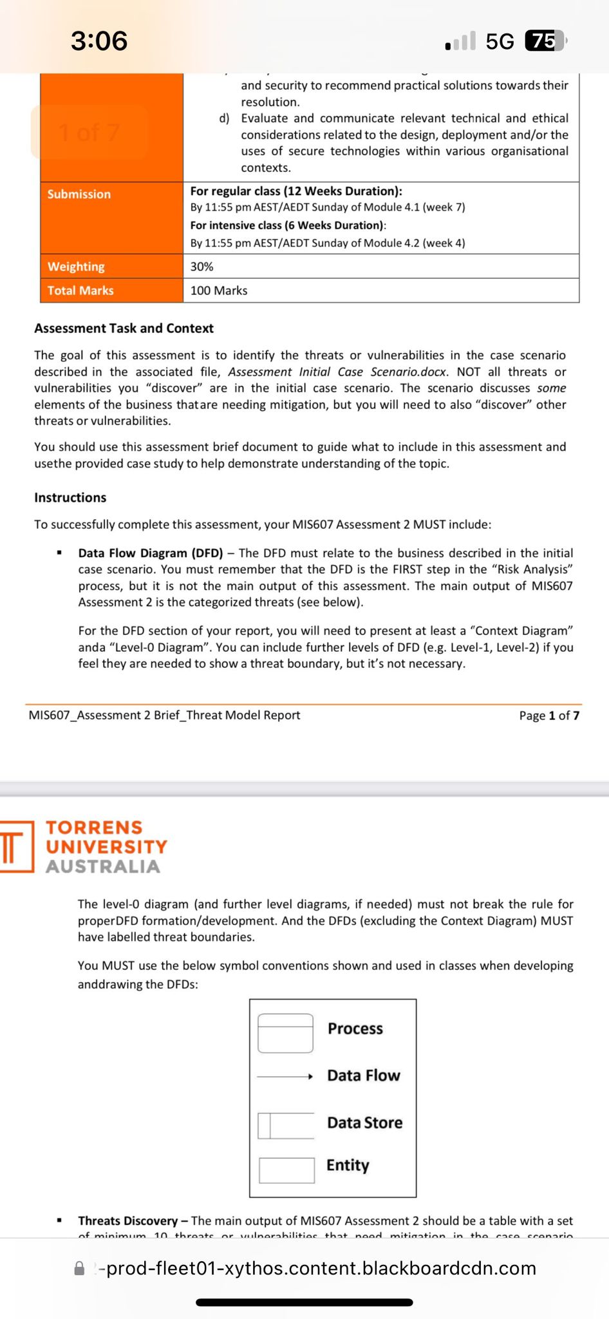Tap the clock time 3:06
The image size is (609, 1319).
[x=99, y=41]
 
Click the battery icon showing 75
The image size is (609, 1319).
[x=545, y=41]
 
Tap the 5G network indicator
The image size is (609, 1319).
[x=500, y=41]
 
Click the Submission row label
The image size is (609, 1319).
[x=79, y=194]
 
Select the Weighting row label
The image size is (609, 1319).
[x=76, y=267]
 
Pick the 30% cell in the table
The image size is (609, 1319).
[x=202, y=267]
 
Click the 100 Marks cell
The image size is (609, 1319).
[x=219, y=290]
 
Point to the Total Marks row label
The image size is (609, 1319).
[x=80, y=290]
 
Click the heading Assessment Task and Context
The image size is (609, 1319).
[x=124, y=328]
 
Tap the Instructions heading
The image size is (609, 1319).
[x=70, y=498]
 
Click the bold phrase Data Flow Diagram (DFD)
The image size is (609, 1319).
[x=151, y=553]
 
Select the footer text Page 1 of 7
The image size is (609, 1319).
[x=549, y=716]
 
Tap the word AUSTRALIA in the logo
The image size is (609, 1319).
[x=103, y=867]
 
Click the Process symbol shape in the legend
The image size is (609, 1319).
[x=285, y=1033]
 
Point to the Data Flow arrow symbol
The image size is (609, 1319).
[x=285, y=1076]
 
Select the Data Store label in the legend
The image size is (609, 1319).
[x=364, y=1123]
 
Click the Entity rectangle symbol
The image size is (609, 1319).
[x=286, y=1170]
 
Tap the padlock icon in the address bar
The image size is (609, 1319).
[x=80, y=1269]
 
